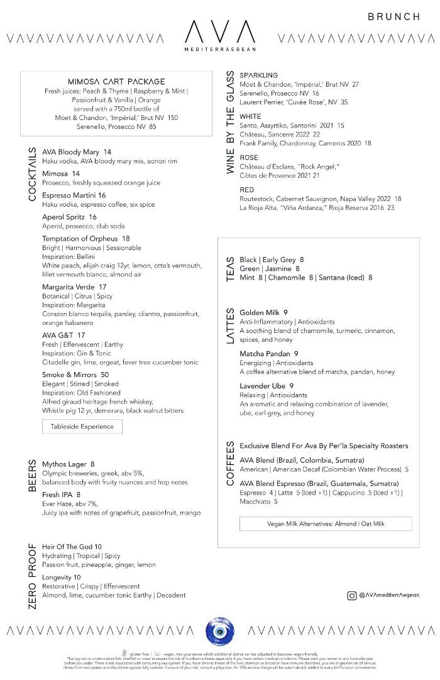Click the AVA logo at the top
(220, 31)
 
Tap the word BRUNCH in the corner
(393, 17)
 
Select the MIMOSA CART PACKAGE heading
(116, 82)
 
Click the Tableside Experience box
(82, 426)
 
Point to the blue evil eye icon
(219, 630)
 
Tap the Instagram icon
(352, 595)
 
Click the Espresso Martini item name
(69, 195)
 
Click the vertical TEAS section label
(230, 268)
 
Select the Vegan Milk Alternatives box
(326, 524)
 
